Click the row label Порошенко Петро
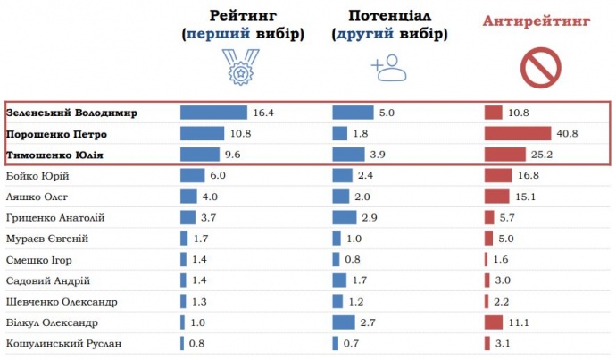tap(56, 134)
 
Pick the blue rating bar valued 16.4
tap(213, 113)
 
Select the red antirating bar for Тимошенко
tap(505, 155)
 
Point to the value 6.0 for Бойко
tap(218, 176)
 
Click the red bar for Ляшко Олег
tap(496, 197)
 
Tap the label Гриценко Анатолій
tap(56, 217)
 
